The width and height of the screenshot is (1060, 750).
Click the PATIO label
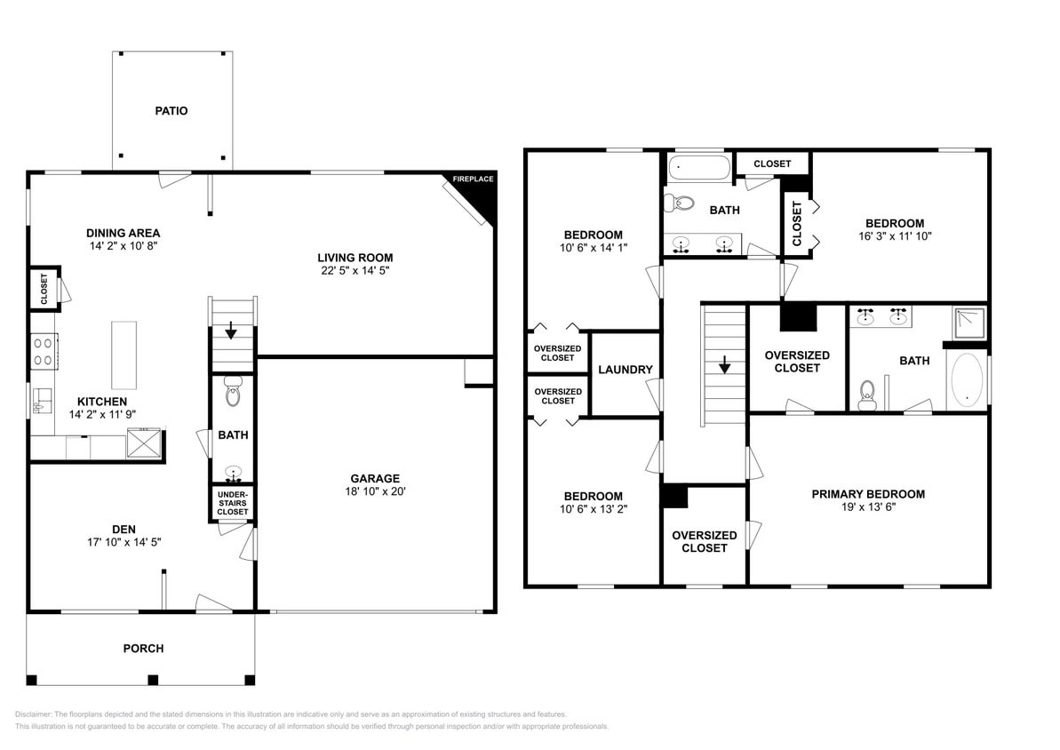coord(171,111)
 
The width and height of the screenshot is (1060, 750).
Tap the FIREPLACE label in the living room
coord(474,180)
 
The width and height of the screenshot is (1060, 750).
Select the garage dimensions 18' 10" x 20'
coord(375,491)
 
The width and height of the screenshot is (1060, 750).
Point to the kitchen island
coord(124,355)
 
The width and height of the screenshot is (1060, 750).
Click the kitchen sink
coord(42,402)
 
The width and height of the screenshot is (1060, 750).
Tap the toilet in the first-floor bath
coord(233,391)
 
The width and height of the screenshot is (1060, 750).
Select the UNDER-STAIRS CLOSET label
coord(233,503)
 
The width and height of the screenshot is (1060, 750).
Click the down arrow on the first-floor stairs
coord(231,330)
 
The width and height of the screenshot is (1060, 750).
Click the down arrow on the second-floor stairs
coord(725,364)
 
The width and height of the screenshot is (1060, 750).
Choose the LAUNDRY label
coord(626,370)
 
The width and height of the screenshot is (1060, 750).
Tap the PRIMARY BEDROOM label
coord(868,494)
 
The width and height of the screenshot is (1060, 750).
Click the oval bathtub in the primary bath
coord(967,380)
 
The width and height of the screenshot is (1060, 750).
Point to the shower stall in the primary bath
coord(969,323)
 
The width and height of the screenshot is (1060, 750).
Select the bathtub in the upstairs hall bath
coord(699,167)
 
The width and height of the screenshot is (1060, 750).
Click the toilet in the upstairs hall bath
coord(680,203)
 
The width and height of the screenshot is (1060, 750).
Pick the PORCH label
coord(143,649)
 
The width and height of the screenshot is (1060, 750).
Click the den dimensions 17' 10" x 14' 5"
coord(124,542)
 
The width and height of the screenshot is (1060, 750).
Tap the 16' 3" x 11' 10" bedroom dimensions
coord(895,236)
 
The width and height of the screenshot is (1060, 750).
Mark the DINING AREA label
coord(123,234)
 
